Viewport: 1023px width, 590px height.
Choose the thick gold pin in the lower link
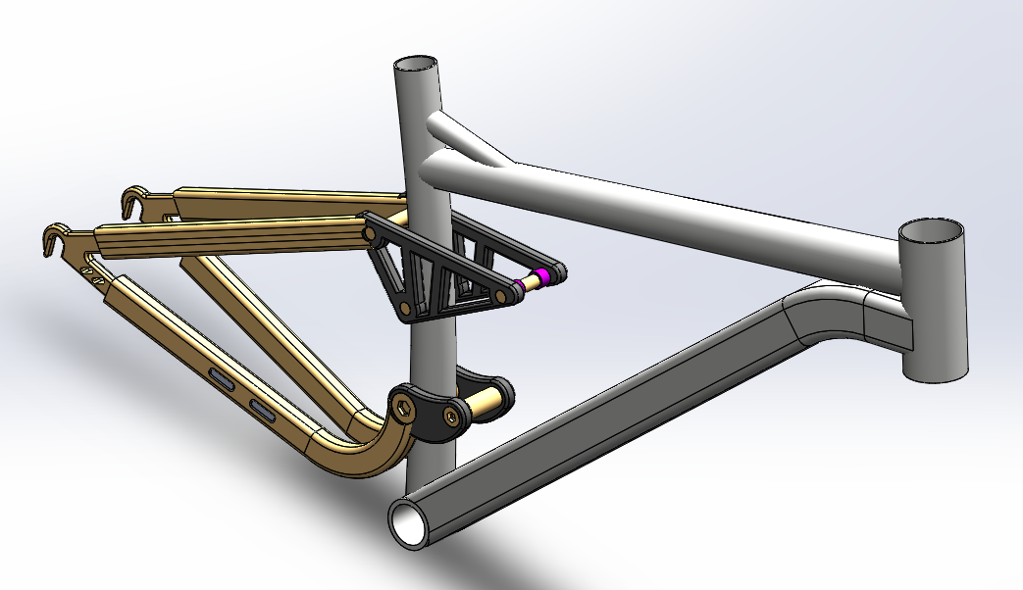[x=485, y=400]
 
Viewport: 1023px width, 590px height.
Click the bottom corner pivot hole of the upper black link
[x=403, y=310]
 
